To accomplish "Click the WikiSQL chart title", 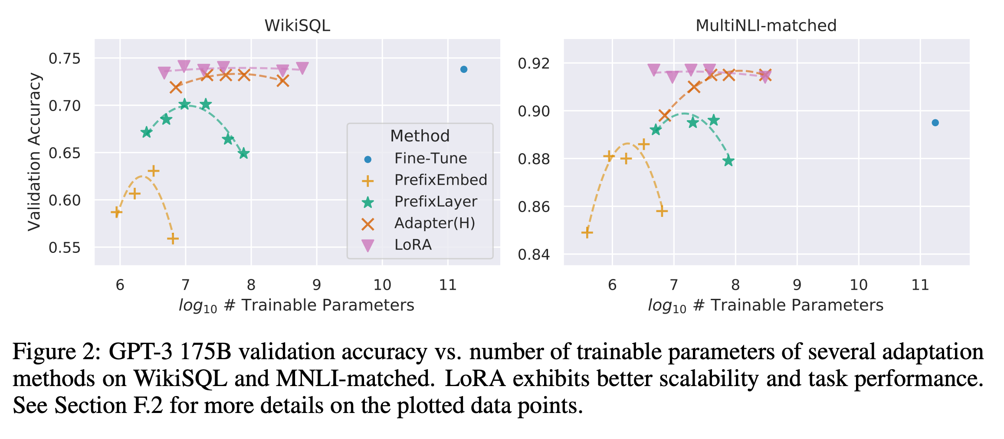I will tap(297, 26).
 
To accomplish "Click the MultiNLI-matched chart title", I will tap(766, 26).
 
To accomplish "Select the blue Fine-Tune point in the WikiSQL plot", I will tap(463, 69).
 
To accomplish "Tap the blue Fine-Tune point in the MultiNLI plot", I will tap(935, 123).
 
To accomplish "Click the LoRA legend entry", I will tap(413, 245).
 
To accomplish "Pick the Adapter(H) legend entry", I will tap(434, 223).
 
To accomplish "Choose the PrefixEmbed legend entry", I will tap(440, 180).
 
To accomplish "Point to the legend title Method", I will tap(420, 136).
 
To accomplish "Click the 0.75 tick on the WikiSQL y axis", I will tap(65, 59).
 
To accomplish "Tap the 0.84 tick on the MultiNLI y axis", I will tap(534, 255).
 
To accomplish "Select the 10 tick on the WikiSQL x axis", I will tap(382, 285).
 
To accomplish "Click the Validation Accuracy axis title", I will tap(34, 152).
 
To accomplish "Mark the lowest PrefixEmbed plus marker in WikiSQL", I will tap(173, 239).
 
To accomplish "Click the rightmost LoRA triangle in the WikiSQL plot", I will tap(302, 68).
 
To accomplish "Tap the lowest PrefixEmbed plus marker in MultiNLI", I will tap(587, 233).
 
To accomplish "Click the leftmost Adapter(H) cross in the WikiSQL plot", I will tap(176, 88).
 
